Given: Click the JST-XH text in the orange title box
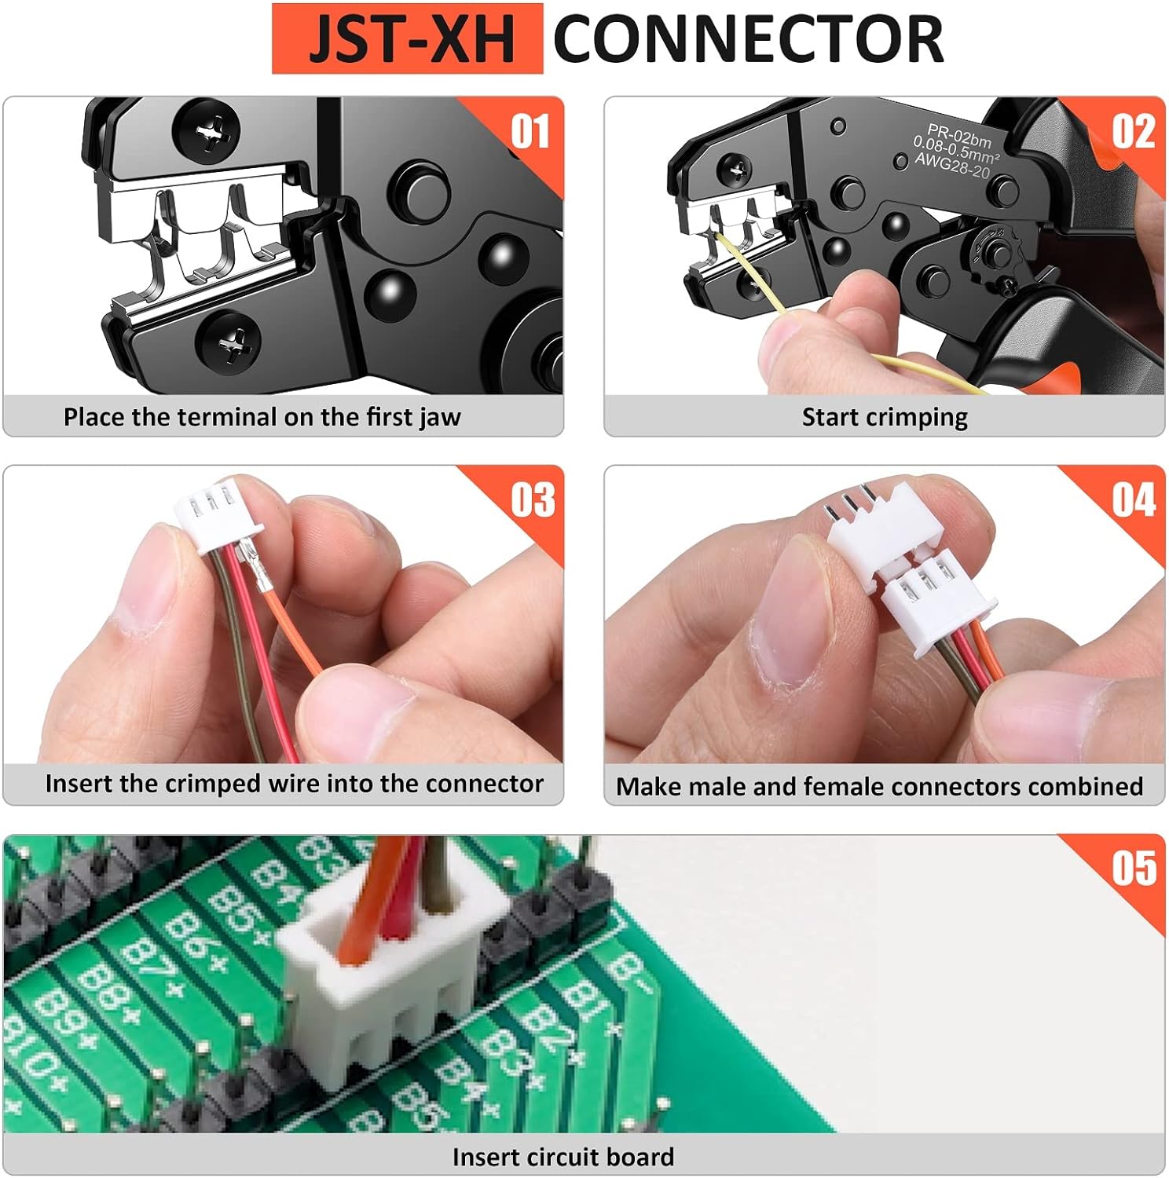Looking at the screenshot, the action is tap(411, 39).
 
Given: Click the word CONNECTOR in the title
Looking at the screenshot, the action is tap(749, 39).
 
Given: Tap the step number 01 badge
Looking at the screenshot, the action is tap(530, 131).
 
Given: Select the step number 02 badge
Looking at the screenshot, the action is tap(1133, 131).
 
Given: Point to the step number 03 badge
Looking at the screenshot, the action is tap(533, 499).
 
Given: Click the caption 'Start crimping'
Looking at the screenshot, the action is tap(885, 417).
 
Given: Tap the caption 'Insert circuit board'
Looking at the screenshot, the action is tap(563, 1157).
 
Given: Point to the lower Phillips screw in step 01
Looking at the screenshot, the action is tap(229, 343).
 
